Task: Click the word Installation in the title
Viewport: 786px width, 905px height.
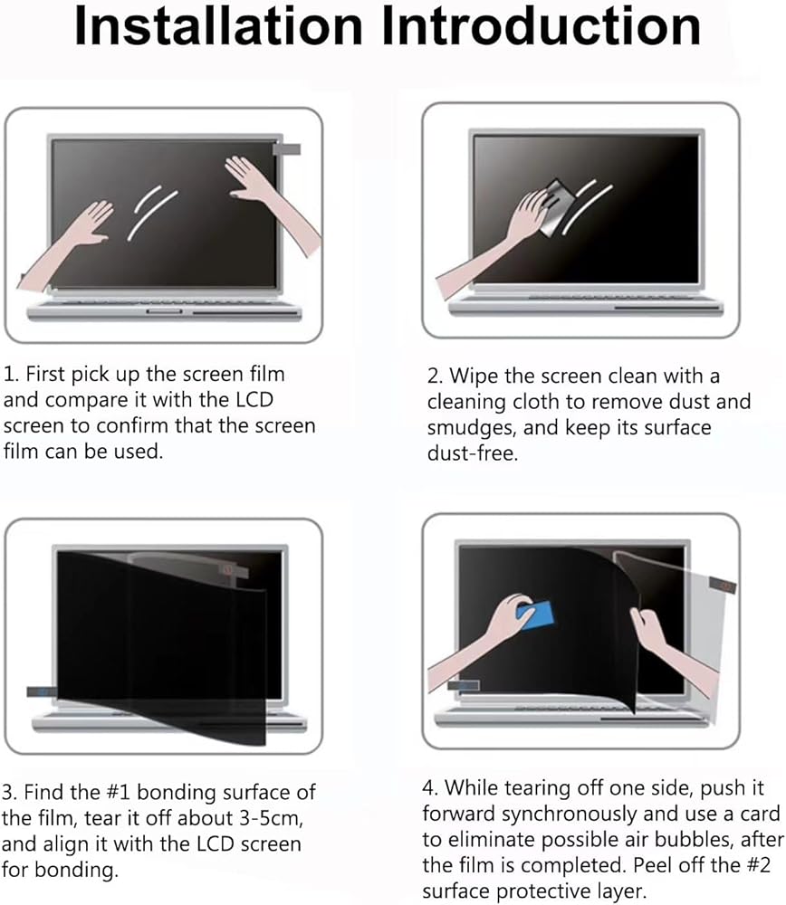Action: point(219,26)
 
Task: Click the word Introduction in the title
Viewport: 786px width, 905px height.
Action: point(542,26)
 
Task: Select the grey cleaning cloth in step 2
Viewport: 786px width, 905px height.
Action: point(555,207)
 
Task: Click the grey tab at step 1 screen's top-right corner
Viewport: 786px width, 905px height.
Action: point(286,149)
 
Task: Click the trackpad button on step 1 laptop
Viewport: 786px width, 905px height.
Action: point(164,311)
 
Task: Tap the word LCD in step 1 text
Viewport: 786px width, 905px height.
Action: point(254,399)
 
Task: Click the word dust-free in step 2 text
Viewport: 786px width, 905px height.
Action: point(473,453)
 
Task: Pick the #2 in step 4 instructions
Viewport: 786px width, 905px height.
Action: point(758,865)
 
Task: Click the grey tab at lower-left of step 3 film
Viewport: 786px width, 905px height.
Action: point(42,691)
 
